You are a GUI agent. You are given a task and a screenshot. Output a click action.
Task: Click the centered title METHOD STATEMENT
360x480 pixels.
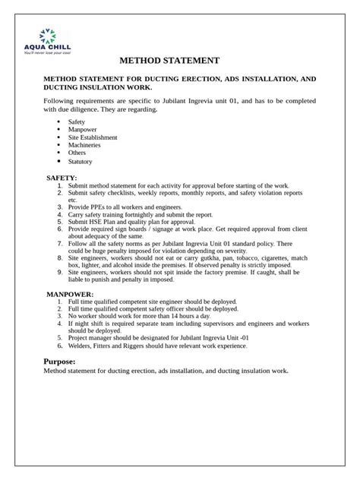[x=169, y=61]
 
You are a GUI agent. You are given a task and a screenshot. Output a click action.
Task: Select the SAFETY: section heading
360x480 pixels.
[x=62, y=177]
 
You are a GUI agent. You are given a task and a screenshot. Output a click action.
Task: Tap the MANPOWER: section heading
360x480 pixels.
[x=70, y=293]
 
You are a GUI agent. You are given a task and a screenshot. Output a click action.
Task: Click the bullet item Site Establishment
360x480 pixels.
[x=93, y=137]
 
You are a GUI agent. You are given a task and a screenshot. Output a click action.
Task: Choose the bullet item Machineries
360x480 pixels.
[x=86, y=145]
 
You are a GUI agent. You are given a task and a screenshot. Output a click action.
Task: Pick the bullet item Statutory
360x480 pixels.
[x=81, y=161]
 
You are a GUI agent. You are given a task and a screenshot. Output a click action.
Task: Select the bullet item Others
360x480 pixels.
[x=77, y=153]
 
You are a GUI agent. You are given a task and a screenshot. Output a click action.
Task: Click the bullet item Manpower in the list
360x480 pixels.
[x=83, y=129]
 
